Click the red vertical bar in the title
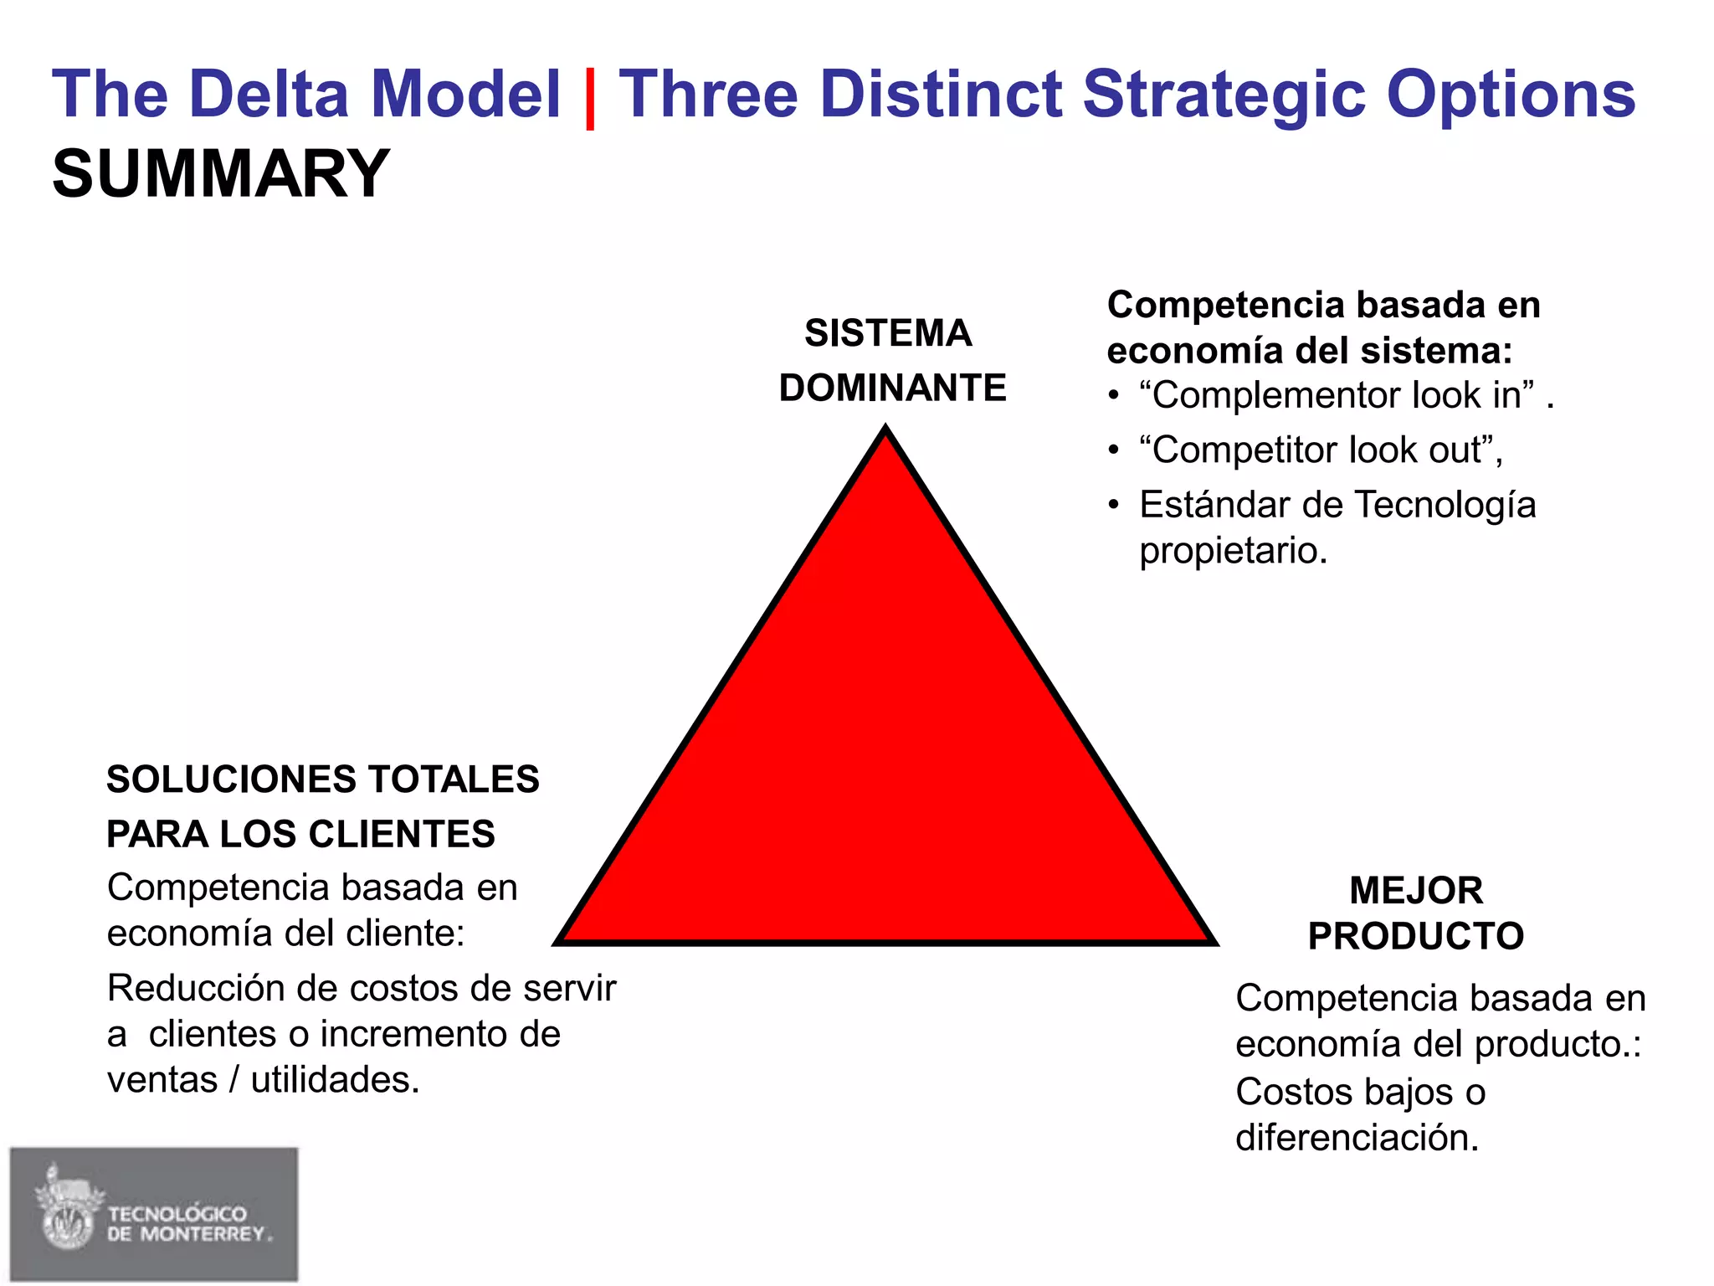590,98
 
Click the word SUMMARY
221,174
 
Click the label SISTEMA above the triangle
888,333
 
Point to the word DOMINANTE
892,388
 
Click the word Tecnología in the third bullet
1445,505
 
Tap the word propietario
1233,551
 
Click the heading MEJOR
1416,890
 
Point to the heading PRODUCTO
1416,936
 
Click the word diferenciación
1357,1138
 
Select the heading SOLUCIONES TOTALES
323,779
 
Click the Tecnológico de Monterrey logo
154,1214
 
